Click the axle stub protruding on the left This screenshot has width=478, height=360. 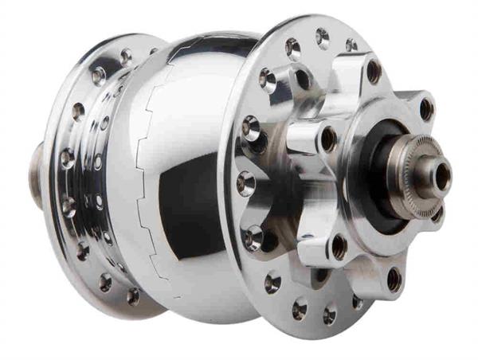[x=37, y=185]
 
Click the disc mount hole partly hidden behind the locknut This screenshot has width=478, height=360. [x=437, y=213]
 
